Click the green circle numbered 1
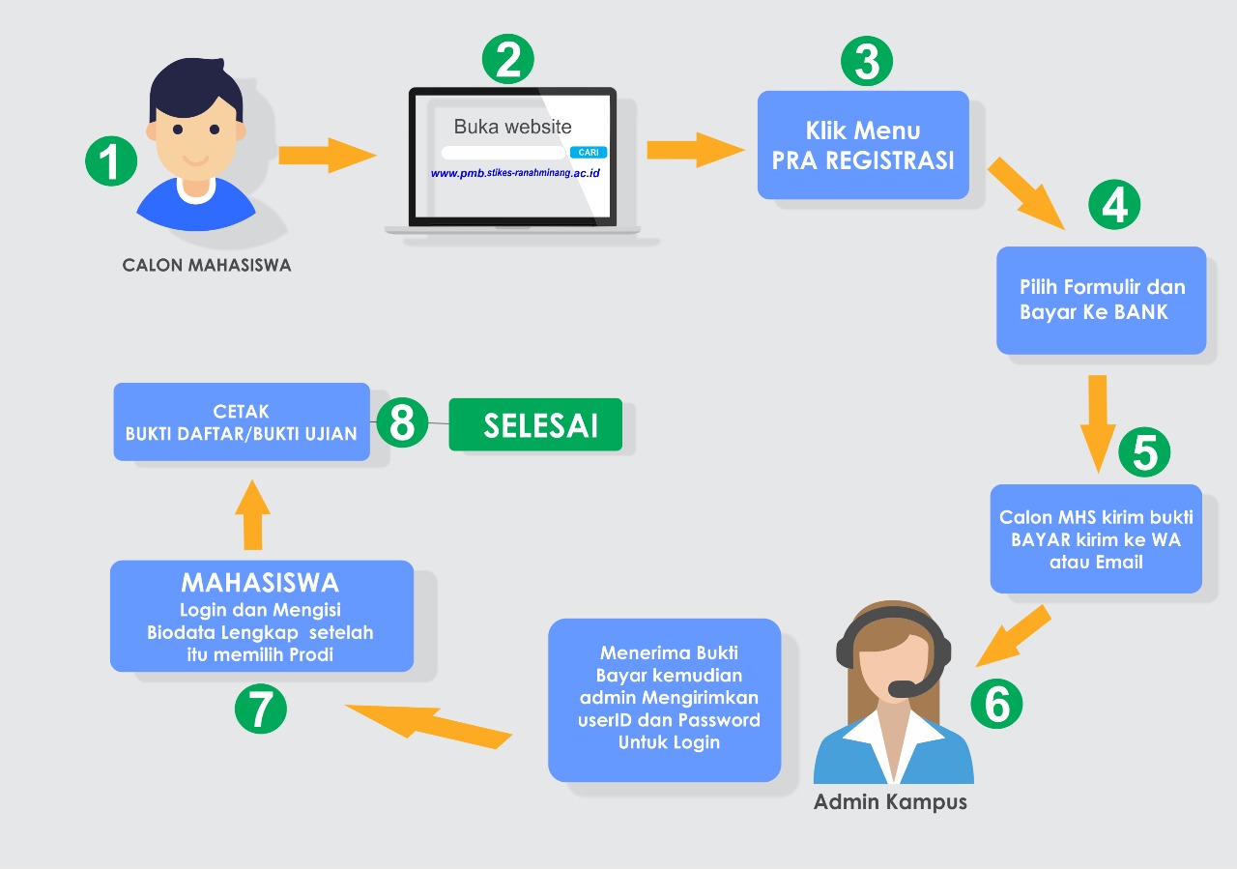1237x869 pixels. (111, 160)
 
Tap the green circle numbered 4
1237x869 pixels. (1114, 205)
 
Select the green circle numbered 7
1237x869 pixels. (261, 709)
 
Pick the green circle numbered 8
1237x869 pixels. (402, 422)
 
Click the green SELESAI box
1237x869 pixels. (534, 425)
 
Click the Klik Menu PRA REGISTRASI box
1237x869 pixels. (863, 145)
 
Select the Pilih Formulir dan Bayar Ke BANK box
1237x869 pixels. (1101, 300)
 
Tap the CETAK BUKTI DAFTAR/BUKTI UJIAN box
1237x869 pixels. (242, 421)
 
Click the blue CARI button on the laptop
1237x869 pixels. (589, 153)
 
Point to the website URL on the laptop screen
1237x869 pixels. (515, 173)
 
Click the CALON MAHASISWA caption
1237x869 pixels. (206, 265)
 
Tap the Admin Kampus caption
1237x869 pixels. (890, 802)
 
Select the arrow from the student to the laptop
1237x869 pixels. (327, 155)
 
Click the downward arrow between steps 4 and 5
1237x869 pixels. (1097, 420)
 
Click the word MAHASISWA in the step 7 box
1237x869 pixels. (260, 583)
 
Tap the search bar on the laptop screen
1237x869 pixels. (503, 153)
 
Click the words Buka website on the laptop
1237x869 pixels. (512, 127)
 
